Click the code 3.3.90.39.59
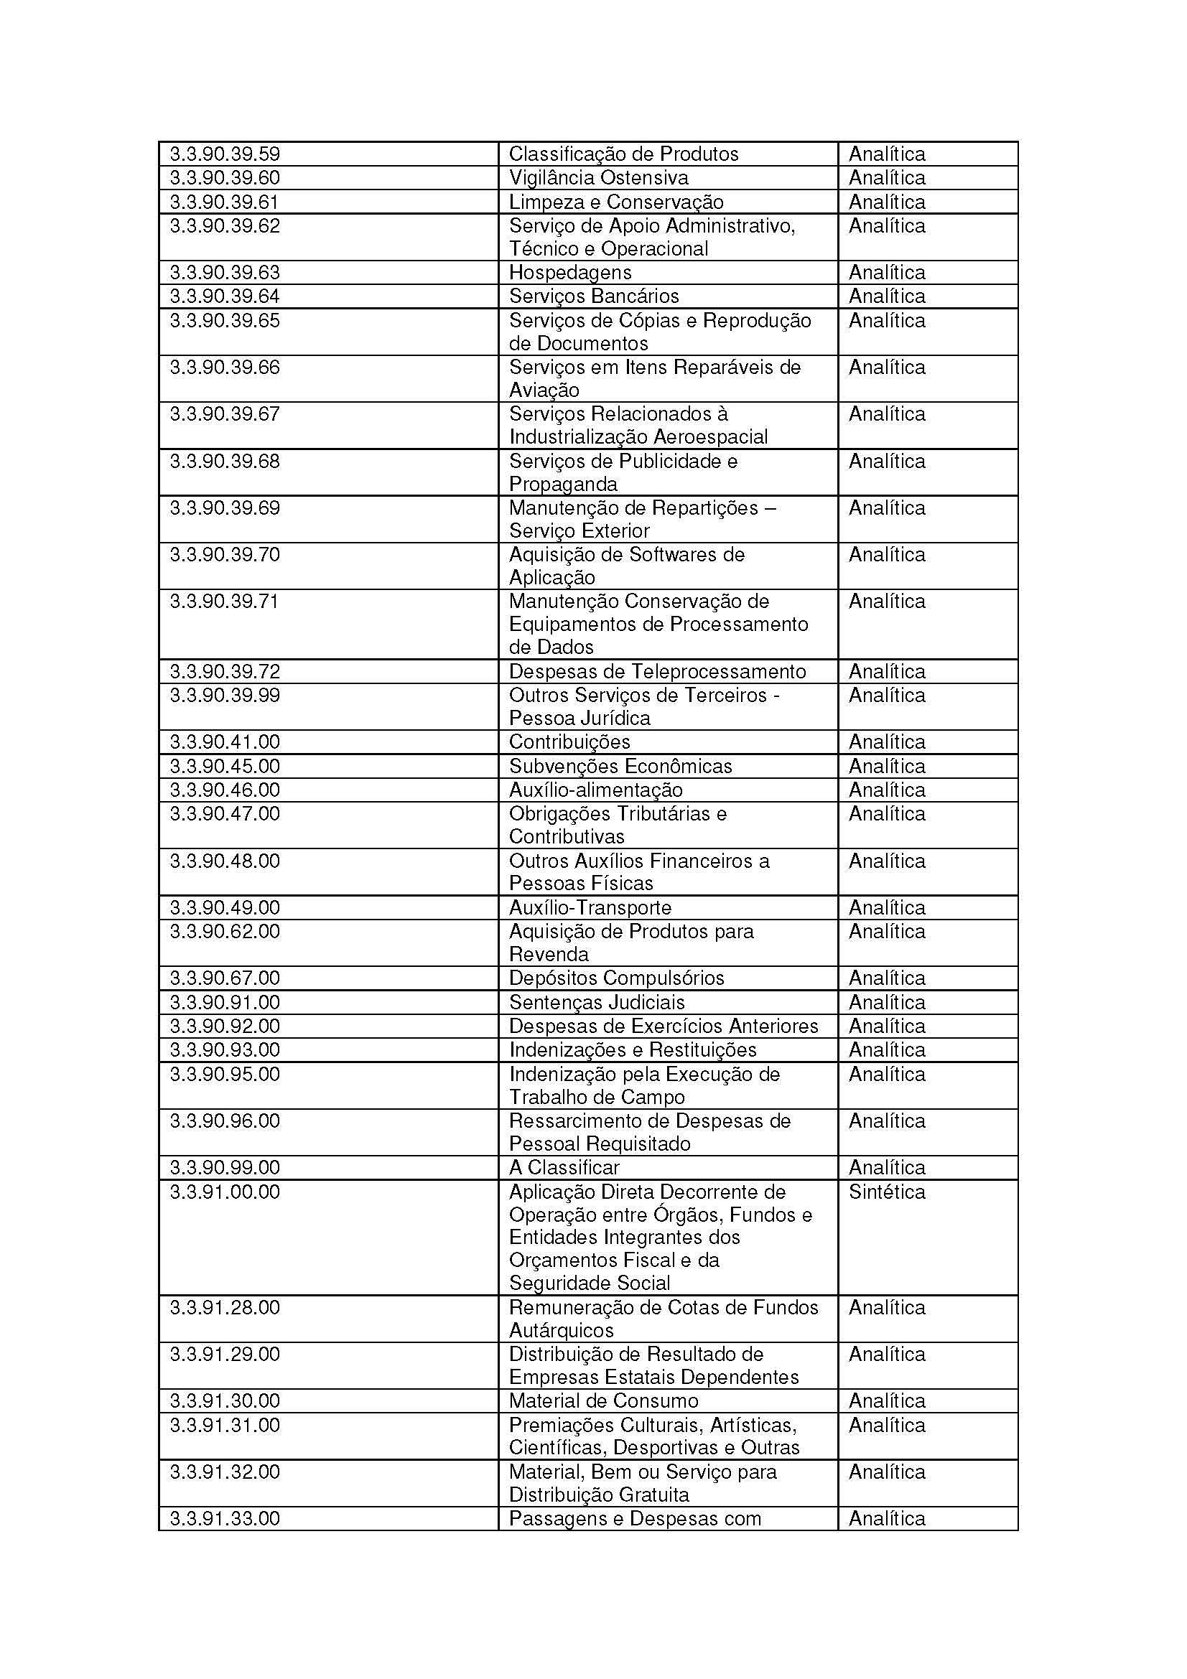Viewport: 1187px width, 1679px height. point(225,154)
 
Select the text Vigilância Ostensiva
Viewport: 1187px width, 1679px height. point(598,178)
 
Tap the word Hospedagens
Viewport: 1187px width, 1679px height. point(569,273)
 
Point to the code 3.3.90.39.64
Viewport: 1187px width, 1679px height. point(225,296)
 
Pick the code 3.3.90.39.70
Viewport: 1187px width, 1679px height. point(225,555)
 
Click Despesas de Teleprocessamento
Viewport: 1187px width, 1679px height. point(657,671)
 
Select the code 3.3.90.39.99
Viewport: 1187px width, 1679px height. point(225,696)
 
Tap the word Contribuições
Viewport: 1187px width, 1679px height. point(569,742)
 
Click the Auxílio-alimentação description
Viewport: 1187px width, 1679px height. point(595,790)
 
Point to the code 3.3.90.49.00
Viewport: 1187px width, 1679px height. point(225,907)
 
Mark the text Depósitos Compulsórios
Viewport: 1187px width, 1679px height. point(616,978)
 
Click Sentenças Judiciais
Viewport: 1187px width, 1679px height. point(596,1002)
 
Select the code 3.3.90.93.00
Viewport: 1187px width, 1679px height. point(225,1050)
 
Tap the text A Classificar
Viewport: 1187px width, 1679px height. point(563,1167)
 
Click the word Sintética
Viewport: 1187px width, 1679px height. point(886,1192)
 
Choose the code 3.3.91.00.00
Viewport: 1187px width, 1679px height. point(225,1192)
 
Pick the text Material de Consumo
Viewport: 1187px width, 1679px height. point(603,1401)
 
